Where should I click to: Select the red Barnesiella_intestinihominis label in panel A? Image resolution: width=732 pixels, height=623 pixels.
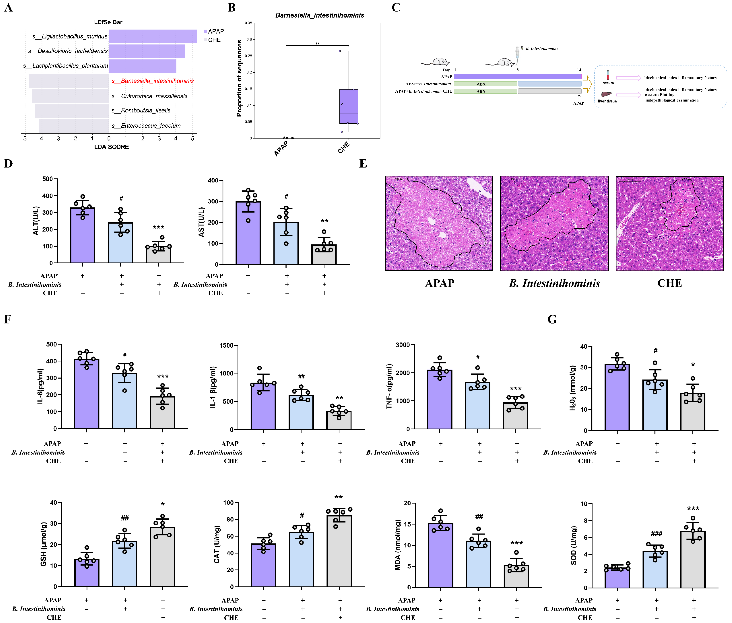pos(153,81)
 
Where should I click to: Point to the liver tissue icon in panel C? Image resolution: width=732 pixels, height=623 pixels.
pos(606,95)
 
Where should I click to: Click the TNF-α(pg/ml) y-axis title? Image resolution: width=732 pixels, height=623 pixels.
pos(389,387)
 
